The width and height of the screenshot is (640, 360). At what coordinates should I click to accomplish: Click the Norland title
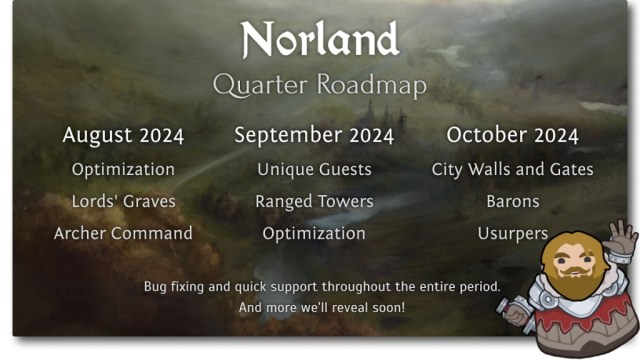tap(320, 40)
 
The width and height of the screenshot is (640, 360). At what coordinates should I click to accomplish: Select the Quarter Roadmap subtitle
tap(320, 85)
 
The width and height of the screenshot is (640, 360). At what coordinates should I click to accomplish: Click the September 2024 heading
tap(314, 135)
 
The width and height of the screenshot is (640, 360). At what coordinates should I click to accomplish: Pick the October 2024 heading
tap(512, 135)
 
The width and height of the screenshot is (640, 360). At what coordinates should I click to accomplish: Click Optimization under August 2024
tap(123, 169)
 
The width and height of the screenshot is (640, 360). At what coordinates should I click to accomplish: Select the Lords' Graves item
tap(123, 201)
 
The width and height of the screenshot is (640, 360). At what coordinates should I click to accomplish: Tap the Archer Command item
tap(123, 233)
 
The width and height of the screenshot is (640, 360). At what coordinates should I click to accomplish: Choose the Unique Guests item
tap(314, 169)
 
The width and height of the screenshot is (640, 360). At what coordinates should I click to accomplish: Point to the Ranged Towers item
tap(314, 201)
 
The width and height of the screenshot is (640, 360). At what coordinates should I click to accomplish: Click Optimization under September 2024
tap(314, 233)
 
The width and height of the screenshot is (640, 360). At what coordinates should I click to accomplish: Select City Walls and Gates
tap(512, 169)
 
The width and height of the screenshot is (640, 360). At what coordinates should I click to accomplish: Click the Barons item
tap(512, 201)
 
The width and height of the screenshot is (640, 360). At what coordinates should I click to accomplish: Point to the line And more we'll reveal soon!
tap(322, 307)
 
